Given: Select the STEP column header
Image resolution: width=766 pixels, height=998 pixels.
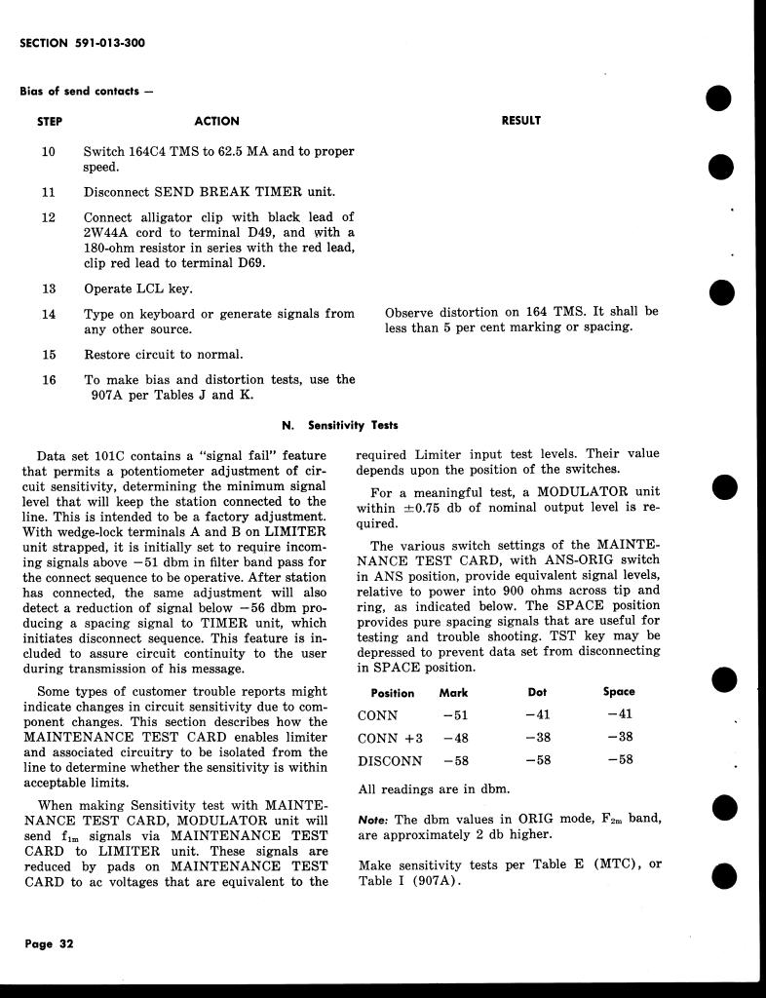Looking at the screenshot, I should (49, 122).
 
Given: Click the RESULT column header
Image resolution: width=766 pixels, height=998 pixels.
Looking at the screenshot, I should (520, 121).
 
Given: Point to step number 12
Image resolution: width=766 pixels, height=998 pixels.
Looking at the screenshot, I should (49, 217).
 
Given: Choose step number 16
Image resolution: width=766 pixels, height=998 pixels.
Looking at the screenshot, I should (49, 380).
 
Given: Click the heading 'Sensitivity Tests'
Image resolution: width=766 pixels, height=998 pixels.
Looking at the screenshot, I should (353, 426).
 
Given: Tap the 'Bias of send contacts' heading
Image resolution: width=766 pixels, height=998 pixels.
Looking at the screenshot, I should (87, 92).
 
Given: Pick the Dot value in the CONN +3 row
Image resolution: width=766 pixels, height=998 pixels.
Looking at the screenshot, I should (537, 738).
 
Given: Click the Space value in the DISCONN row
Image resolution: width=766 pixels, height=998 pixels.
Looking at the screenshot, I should (619, 760).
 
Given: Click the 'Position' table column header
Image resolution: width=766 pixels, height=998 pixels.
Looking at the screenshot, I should (393, 693).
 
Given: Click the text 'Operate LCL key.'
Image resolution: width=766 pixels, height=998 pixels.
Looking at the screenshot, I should (138, 289).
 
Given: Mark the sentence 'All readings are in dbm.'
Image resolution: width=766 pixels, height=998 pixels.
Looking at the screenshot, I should (435, 789).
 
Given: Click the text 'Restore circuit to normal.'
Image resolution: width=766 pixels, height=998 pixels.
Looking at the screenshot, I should (164, 355).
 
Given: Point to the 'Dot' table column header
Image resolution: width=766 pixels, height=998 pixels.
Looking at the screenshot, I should (537, 692).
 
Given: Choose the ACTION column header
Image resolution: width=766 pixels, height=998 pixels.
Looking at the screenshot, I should (216, 122).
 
